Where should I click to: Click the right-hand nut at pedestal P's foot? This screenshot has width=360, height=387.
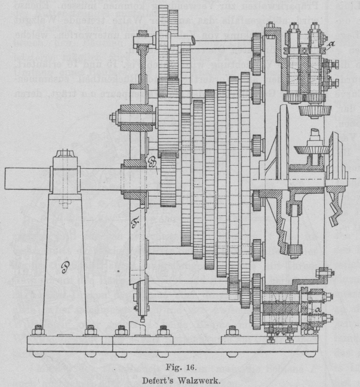(x=91, y=329)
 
